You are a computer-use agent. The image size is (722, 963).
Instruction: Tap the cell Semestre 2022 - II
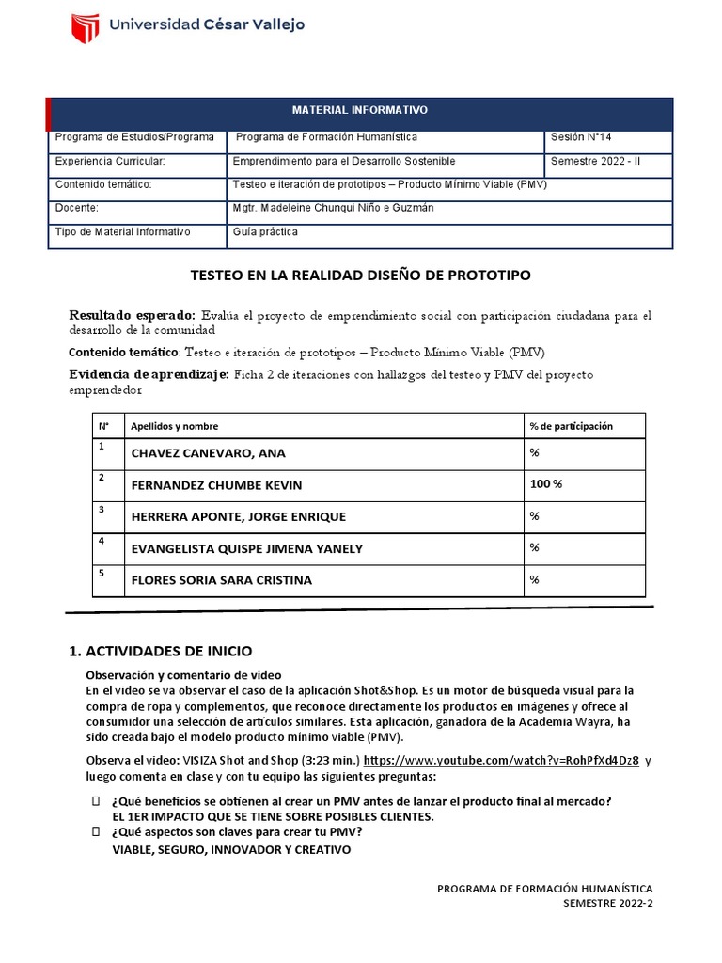click(596, 161)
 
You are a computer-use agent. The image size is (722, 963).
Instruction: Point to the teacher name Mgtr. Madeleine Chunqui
click(333, 208)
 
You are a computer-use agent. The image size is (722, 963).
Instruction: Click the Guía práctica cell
click(266, 231)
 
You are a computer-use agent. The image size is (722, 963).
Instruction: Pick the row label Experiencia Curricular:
click(110, 161)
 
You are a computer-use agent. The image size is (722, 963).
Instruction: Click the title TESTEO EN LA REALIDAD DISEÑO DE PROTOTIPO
click(361, 276)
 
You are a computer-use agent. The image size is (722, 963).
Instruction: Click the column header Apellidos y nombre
click(180, 427)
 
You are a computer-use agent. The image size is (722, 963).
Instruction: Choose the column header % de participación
click(571, 427)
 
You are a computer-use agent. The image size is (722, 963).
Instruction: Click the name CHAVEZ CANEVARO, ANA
click(208, 454)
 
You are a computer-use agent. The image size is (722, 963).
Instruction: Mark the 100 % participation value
click(546, 484)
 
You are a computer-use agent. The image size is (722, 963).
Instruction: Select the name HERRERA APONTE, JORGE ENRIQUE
click(238, 517)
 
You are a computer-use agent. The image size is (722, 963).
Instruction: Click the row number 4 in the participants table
click(102, 542)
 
